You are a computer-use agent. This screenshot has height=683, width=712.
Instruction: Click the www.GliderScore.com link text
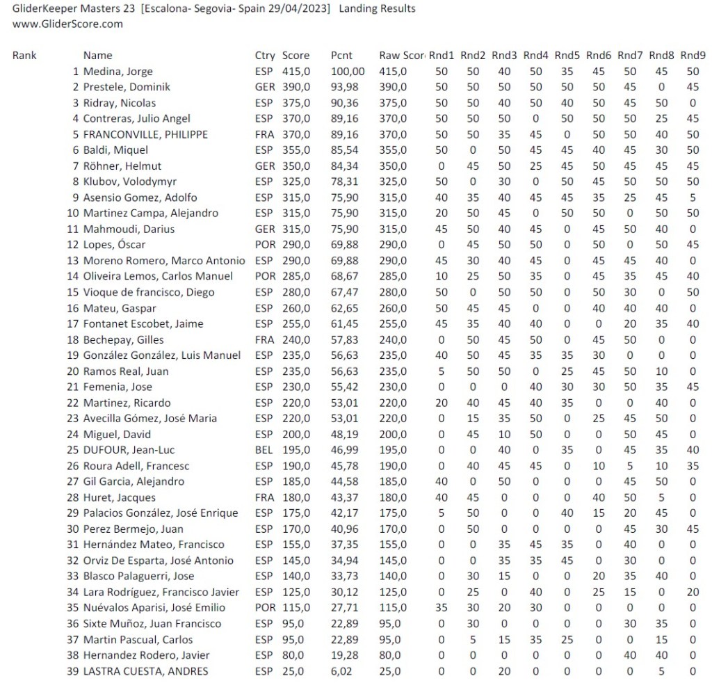click(68, 24)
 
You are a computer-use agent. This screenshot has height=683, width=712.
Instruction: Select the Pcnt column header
click(340, 56)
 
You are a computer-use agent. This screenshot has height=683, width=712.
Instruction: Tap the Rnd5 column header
click(567, 56)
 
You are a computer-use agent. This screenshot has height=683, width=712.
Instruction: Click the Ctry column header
click(265, 56)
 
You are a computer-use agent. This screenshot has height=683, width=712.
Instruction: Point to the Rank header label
click(24, 56)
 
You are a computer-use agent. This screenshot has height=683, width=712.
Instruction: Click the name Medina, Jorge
click(118, 72)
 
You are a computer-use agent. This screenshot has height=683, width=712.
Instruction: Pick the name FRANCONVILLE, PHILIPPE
click(145, 134)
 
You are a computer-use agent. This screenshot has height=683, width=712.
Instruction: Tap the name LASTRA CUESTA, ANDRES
click(145, 671)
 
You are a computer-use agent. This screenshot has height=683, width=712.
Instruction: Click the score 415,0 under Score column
click(296, 72)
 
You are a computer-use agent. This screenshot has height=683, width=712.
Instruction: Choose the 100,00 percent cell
click(348, 72)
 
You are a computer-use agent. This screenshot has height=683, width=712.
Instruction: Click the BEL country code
click(264, 450)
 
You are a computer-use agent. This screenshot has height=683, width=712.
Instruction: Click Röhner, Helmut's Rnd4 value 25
click(535, 166)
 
